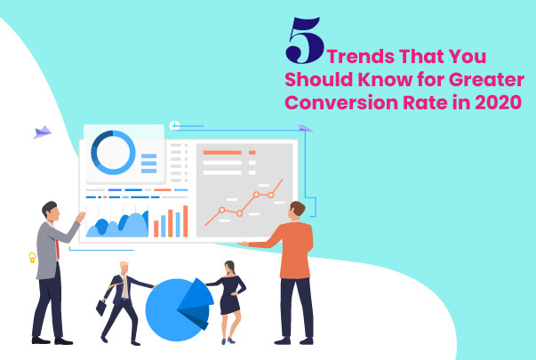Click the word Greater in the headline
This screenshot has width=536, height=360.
pos(492,80)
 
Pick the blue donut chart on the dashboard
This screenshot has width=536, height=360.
pos(113,152)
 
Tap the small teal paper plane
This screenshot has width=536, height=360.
pos(307,128)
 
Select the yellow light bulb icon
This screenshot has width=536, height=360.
pos(31,258)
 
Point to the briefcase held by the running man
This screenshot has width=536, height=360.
pos(101,307)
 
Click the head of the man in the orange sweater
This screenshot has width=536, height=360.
pos(297,210)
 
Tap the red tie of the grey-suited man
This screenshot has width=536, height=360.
pos(57,244)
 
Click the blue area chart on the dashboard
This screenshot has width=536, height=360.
pos(116,225)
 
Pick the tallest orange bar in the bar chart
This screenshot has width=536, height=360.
pos(185,221)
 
